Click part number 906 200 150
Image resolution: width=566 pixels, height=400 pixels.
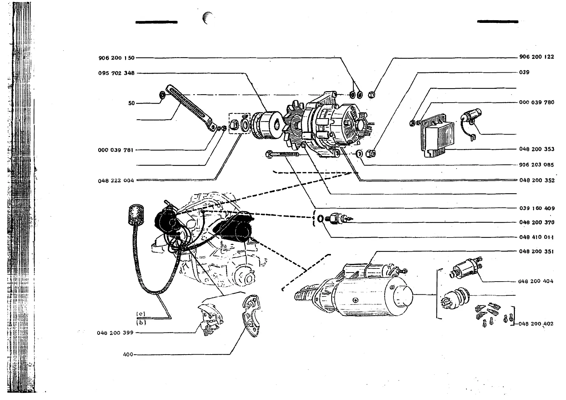click(x=116, y=58)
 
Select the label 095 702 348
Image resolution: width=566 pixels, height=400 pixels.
click(x=116, y=73)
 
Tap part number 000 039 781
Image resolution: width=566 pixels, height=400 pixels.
click(x=116, y=150)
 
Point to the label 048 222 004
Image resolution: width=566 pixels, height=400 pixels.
click(x=116, y=181)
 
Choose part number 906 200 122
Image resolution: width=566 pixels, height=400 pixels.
click(x=536, y=57)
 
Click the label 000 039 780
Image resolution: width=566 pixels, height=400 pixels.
click(x=536, y=102)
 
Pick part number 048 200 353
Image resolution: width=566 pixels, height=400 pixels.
click(x=536, y=149)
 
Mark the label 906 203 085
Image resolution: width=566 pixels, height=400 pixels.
click(x=536, y=165)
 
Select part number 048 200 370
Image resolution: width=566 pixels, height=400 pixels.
click(x=536, y=222)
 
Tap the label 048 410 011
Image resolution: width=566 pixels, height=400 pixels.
click(x=536, y=237)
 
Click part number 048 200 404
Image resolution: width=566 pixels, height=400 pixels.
click(x=536, y=281)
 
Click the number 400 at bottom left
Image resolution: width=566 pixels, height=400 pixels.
click(x=128, y=354)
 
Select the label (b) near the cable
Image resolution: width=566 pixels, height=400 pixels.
click(x=141, y=322)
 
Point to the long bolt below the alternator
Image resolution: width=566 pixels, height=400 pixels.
click(x=284, y=154)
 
